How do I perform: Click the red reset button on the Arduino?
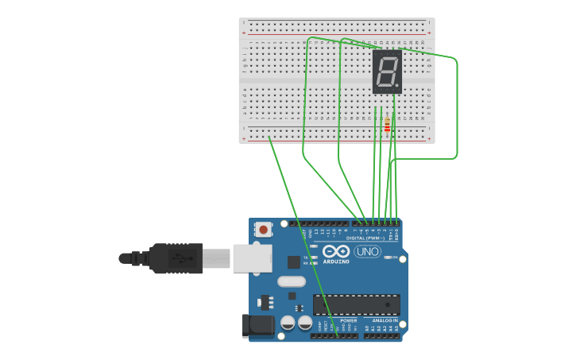point(263,230)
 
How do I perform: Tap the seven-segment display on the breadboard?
point(387,72)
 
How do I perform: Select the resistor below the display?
point(387,125)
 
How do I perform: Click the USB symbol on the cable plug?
point(181,258)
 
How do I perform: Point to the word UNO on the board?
point(367,252)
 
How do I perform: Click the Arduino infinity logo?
point(336,251)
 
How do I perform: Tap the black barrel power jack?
point(257,325)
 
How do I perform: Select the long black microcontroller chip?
point(356,304)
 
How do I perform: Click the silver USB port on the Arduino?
point(252,258)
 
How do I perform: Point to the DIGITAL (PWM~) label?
point(365,238)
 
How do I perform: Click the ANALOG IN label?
point(385,320)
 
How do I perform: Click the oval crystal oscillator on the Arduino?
point(292,281)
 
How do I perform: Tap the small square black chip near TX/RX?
point(294,261)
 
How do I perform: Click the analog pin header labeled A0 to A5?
point(381,335)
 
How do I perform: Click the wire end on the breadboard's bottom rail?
point(270,138)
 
